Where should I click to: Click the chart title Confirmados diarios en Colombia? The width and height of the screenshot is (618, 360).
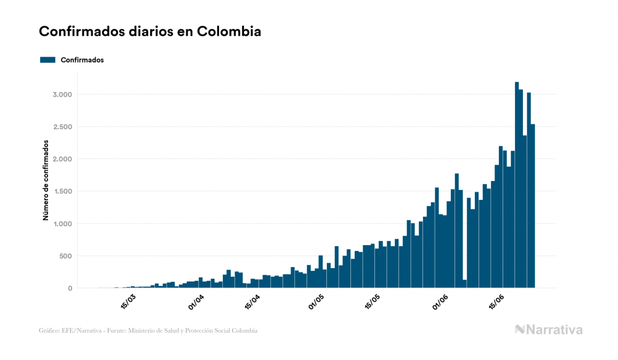pos(150,31)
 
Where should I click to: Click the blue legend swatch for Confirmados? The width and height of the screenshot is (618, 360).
pos(48,60)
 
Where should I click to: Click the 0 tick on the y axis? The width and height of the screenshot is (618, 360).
pos(69,288)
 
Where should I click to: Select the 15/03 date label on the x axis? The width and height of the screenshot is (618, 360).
pos(128,301)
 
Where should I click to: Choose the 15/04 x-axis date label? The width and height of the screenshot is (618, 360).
pos(252,301)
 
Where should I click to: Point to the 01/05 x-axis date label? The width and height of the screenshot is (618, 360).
pos(316,301)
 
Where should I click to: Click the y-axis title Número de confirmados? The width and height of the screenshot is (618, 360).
pos(46,181)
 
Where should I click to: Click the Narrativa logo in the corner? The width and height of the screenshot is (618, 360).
pos(549,330)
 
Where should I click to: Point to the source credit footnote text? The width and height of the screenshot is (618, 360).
pos(148,331)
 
